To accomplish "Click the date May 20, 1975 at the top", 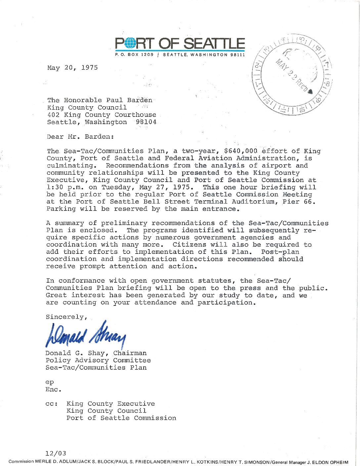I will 72,68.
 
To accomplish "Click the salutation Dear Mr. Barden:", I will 80,136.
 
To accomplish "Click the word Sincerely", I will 66,317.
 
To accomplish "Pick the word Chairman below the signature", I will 130,353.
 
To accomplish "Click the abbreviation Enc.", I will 54,390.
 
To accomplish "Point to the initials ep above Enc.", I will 50,382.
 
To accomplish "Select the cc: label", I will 52,404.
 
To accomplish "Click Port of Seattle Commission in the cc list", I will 121,418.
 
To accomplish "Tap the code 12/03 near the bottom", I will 56,453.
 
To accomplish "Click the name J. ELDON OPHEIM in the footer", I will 329,461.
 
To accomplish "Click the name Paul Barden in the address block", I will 129,100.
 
